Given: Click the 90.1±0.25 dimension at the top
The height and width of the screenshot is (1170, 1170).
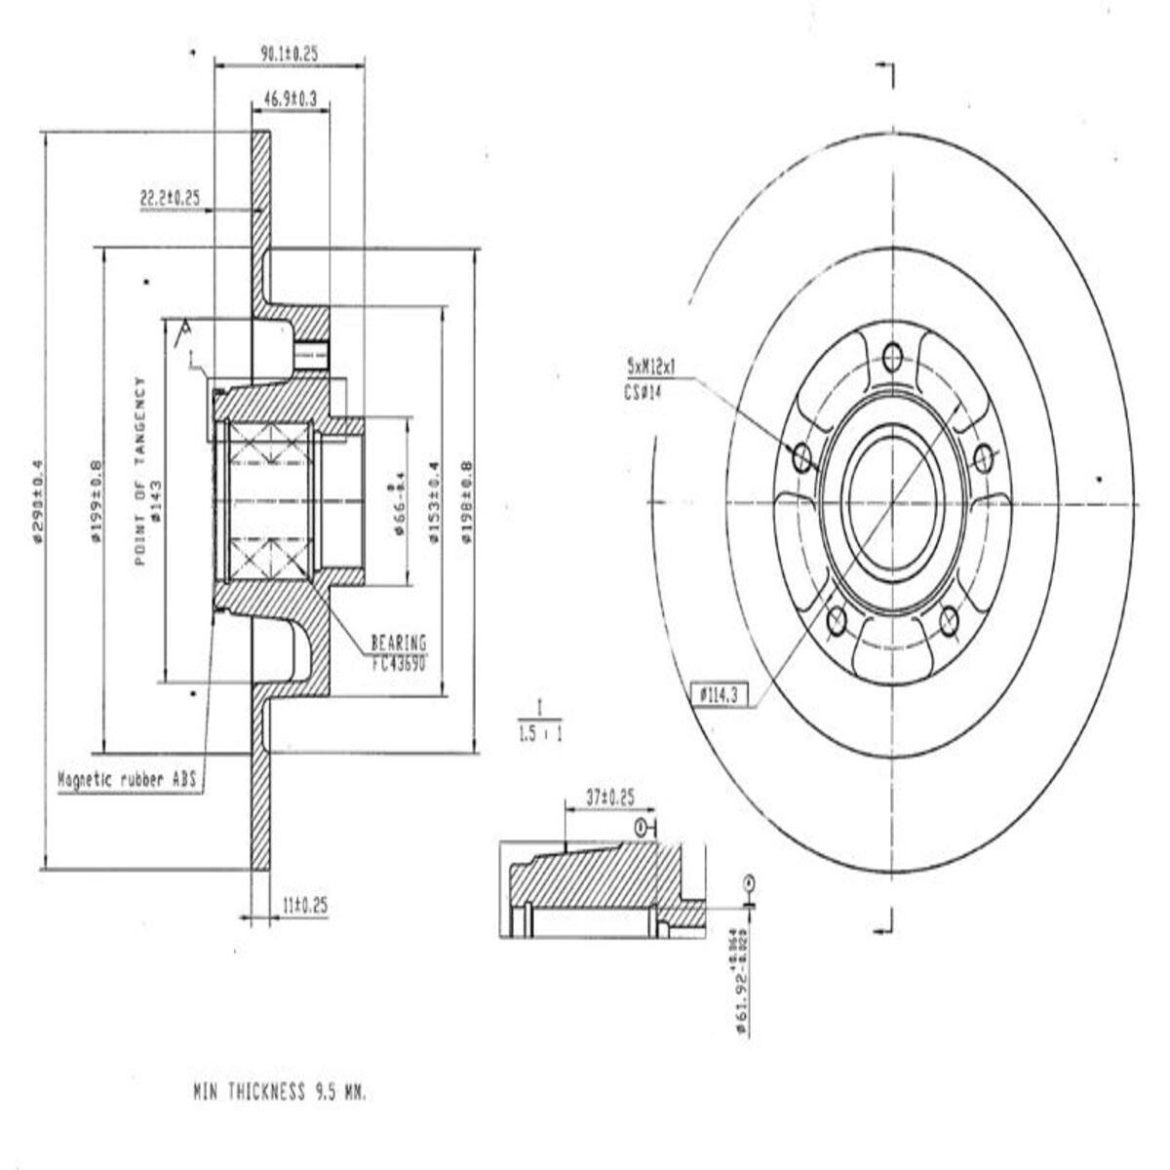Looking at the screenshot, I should (289, 55).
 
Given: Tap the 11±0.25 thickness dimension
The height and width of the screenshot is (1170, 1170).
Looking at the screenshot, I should (304, 906).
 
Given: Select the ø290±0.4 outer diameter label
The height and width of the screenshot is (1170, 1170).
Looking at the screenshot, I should (38, 500).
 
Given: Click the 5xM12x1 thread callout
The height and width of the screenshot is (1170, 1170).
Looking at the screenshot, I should (650, 367).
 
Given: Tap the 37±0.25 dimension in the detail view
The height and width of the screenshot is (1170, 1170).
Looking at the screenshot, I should (609, 797).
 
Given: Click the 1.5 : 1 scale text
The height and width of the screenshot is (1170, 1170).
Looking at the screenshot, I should (540, 733).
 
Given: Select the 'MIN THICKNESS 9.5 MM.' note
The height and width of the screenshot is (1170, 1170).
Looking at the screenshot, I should (280, 1093).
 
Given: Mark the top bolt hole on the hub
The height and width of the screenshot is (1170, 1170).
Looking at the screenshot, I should (891, 357).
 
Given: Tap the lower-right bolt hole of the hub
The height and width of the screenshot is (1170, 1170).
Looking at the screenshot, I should (948, 618).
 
